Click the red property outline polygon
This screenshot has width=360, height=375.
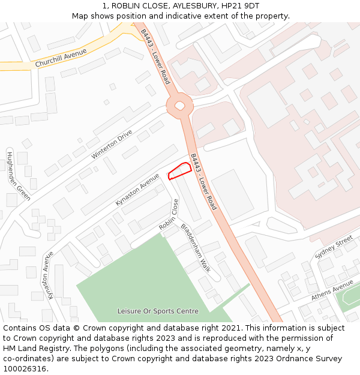pyautogui.click(x=180, y=171)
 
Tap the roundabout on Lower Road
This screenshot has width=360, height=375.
pyautogui.click(x=179, y=106)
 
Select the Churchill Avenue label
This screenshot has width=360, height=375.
pyautogui.click(x=61, y=58)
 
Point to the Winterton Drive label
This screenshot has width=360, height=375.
pyautogui.click(x=112, y=145)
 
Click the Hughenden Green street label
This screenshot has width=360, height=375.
pyautogui.click(x=18, y=176)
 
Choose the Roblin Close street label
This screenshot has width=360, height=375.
pyautogui.click(x=169, y=215)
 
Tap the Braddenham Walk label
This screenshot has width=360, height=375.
pyautogui.click(x=196, y=248)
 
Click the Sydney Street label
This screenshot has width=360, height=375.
pyautogui.click(x=334, y=247)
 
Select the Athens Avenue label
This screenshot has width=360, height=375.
pyautogui.click(x=332, y=289)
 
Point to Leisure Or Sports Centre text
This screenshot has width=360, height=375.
pyautogui.click(x=157, y=311)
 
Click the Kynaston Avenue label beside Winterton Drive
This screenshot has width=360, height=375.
pyautogui.click(x=137, y=189)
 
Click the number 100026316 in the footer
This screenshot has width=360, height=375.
pyautogui.click(x=25, y=369)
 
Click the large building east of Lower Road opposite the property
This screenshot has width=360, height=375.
pyautogui.click(x=233, y=193)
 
